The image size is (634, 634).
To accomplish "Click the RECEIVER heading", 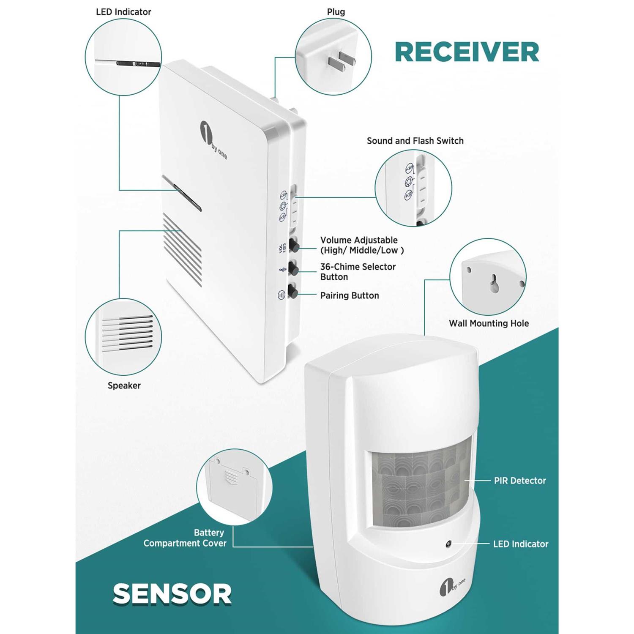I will (x=467, y=52).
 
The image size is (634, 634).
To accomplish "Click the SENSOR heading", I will (x=172, y=594).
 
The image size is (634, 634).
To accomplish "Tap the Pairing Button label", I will (x=349, y=295).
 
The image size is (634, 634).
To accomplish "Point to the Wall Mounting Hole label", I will (x=489, y=323).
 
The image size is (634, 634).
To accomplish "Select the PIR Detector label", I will (x=519, y=481).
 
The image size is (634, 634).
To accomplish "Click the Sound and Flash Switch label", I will (x=415, y=141).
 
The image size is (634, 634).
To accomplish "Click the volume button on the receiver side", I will (x=293, y=245).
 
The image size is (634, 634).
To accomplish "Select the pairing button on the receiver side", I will (x=293, y=292).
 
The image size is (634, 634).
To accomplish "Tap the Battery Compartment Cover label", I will (x=185, y=538).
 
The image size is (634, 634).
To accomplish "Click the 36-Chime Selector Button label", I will (x=357, y=272).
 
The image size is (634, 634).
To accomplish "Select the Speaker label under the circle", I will (x=124, y=385).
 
